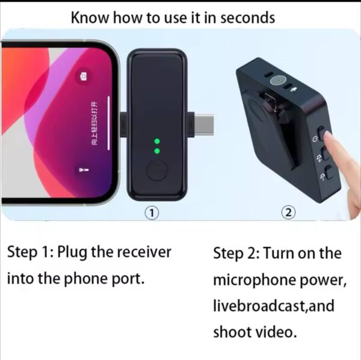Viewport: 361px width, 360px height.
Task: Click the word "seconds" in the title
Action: [x=246, y=17]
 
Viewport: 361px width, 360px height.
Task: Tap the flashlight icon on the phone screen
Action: [x=83, y=171]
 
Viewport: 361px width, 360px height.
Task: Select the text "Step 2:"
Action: [x=236, y=253]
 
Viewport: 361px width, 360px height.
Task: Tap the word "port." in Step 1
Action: [x=128, y=279]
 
